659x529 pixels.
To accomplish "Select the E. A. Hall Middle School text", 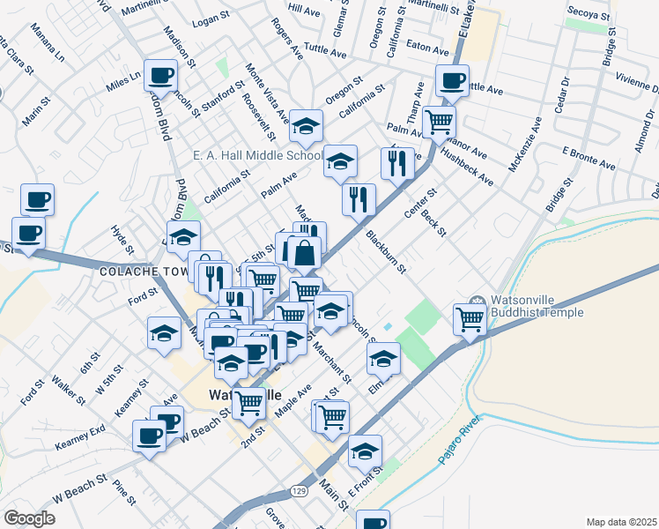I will tap(258, 155).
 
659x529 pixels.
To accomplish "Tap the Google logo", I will tap(29, 518).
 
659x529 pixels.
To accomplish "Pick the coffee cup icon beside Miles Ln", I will tap(160, 78).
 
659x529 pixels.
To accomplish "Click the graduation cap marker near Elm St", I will tap(383, 358).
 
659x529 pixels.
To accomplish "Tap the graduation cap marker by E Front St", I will tap(365, 451).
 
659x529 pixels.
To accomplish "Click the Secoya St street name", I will tap(589, 14).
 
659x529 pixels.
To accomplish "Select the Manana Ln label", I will tap(48, 45).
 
